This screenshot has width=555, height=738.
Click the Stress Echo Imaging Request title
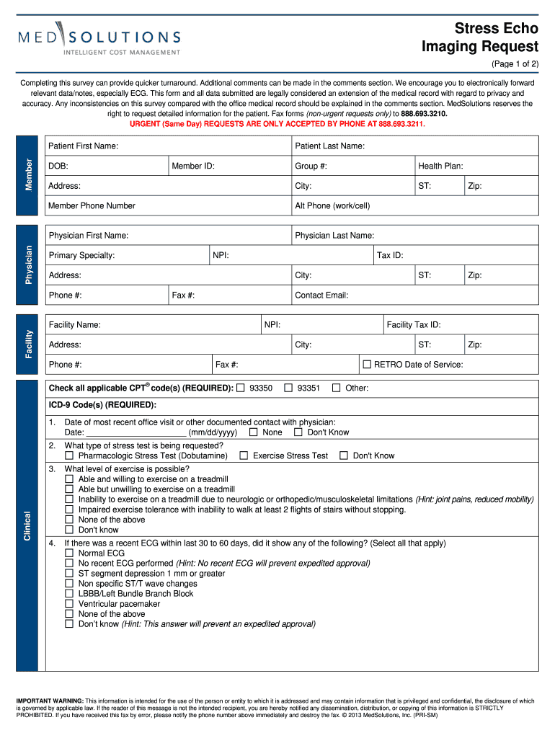tap(480, 37)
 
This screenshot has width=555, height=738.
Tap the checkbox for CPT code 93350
tap(241, 388)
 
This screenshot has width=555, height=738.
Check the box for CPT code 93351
tap(288, 388)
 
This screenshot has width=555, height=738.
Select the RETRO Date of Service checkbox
tap(366, 365)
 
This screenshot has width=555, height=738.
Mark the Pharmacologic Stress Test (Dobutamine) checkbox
tap(69, 455)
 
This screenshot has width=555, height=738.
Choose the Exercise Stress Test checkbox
tap(244, 455)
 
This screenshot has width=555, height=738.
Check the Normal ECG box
tap(69, 553)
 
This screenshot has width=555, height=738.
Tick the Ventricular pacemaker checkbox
tap(69, 604)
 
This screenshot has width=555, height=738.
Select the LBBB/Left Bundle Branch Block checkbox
tap(69, 594)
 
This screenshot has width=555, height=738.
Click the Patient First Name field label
tap(83, 146)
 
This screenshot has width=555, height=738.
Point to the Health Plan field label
tap(440, 166)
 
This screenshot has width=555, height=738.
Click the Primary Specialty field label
tap(81, 256)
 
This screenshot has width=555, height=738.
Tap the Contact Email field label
tap(321, 295)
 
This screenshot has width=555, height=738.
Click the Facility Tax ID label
tap(413, 325)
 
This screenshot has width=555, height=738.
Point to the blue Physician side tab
tap(29, 264)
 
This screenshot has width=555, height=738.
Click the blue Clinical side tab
tap(29, 527)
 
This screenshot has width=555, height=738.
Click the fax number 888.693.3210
tap(424, 114)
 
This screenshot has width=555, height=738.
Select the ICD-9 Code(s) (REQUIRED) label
tap(102, 404)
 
